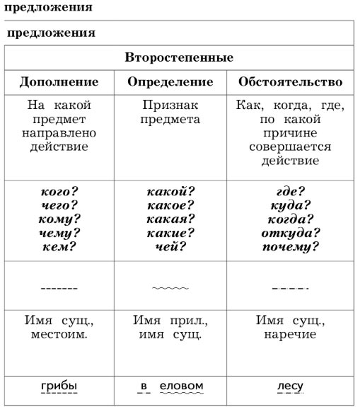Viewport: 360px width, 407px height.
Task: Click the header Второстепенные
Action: [x=179, y=57]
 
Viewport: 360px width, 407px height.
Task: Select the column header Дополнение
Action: [x=58, y=81]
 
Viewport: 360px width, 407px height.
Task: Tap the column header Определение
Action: [x=170, y=81]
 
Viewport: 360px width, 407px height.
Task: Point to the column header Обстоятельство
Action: [x=291, y=81]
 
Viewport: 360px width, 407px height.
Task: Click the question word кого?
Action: [x=58, y=191]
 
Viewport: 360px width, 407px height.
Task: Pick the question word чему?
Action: [x=58, y=233]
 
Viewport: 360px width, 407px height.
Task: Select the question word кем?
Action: [x=58, y=247]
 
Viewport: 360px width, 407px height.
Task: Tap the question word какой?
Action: [x=170, y=191]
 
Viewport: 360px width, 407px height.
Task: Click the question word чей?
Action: [x=170, y=247]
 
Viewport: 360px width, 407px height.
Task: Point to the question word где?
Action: [x=291, y=191]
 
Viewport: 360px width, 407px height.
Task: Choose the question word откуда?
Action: [x=291, y=233]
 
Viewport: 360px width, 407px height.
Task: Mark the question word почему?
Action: [x=291, y=247]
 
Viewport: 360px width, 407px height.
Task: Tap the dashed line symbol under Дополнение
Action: [x=59, y=289]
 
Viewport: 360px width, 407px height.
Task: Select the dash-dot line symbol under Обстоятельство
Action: [x=290, y=289]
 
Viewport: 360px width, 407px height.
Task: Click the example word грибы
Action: [x=59, y=386]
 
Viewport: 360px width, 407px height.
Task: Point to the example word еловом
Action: [x=182, y=386]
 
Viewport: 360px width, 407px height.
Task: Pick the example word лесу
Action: [x=290, y=386]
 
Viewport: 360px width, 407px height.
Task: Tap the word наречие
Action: [x=291, y=334]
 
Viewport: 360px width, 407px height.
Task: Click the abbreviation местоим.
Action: [x=59, y=334]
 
